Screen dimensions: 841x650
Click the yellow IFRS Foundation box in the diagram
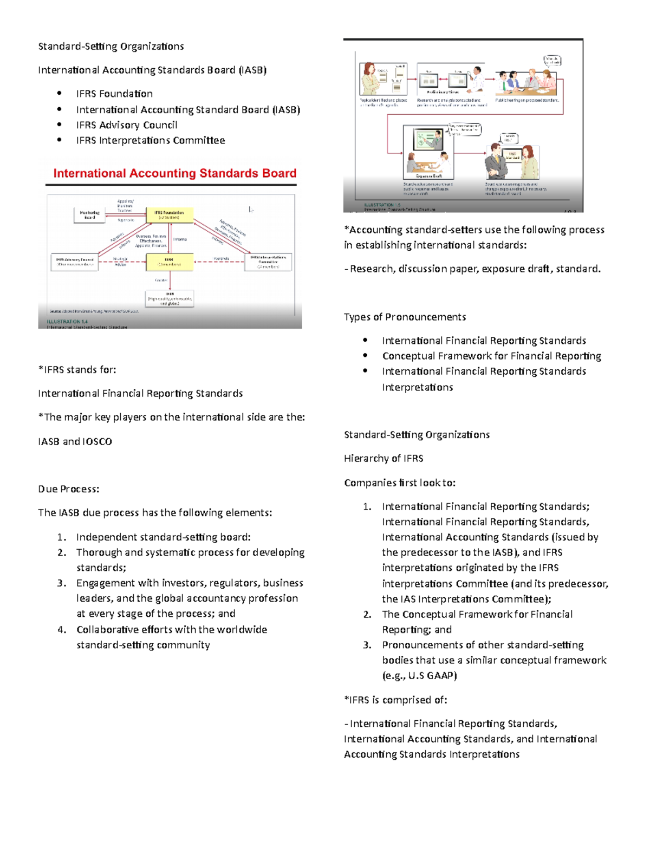pyautogui.click(x=170, y=214)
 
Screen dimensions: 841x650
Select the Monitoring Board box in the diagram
pyautogui.click(x=89, y=215)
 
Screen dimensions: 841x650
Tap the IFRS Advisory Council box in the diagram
pyautogui.click(x=75, y=262)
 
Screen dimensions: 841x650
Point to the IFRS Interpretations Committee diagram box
pyautogui.click(x=268, y=262)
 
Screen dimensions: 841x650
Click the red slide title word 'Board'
pyautogui.click(x=279, y=173)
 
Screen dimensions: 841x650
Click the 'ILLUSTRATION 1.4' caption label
pyautogui.click(x=67, y=322)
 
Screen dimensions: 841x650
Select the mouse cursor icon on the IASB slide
pyautogui.click(x=251, y=209)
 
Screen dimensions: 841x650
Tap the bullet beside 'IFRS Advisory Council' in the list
pyautogui.click(x=59, y=125)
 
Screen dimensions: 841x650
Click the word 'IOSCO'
pyautogui.click(x=97, y=441)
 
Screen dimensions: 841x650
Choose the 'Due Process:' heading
pyautogui.click(x=68, y=489)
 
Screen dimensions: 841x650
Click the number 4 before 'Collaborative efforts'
pyautogui.click(x=61, y=630)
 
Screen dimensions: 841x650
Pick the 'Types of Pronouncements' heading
pyautogui.click(x=405, y=317)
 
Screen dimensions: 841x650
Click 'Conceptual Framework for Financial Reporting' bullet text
pyautogui.click(x=491, y=356)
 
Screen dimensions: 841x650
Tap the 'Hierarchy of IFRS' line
pyautogui.click(x=383, y=458)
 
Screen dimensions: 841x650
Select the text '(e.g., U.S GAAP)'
pyautogui.click(x=419, y=675)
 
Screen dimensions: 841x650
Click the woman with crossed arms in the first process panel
pyautogui.click(x=370, y=78)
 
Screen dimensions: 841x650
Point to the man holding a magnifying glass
pyautogui.click(x=477, y=78)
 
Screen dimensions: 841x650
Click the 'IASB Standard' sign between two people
pyautogui.click(x=513, y=155)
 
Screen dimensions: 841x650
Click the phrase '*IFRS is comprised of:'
pyautogui.click(x=395, y=700)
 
